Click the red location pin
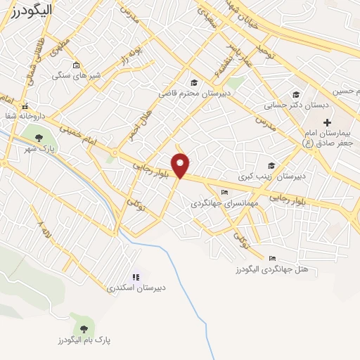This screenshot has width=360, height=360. [181, 165]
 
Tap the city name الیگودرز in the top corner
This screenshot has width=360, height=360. [28, 10]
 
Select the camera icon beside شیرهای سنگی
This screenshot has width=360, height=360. [77, 65]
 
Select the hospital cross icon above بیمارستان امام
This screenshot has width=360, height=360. [327, 122]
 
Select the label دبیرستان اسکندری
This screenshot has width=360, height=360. [136, 288]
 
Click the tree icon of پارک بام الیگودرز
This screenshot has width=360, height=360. [84, 328]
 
